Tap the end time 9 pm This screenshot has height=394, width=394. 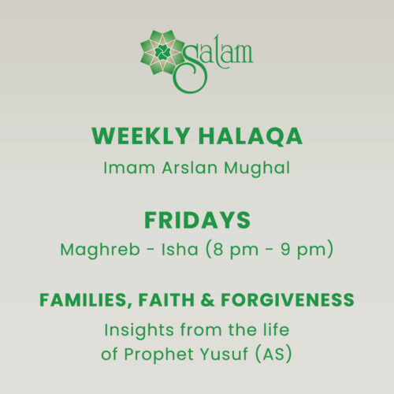(307, 251)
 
